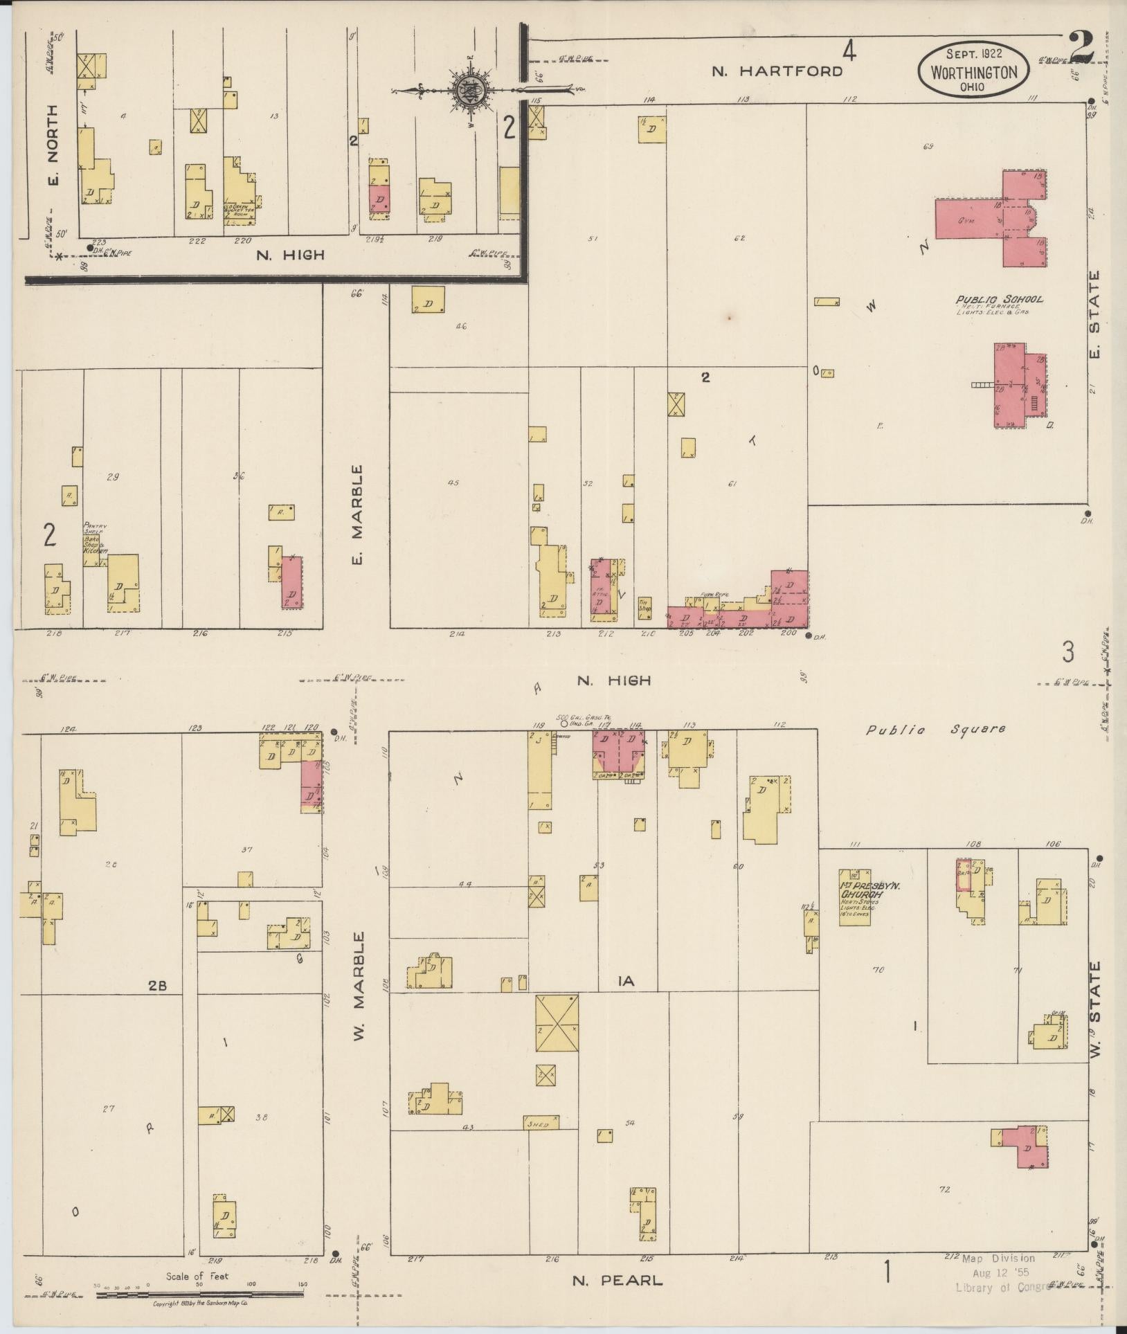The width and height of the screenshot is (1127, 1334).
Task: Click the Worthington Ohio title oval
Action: click(x=974, y=71)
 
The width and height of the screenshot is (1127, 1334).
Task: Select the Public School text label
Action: click(x=999, y=300)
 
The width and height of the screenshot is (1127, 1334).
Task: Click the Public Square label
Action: click(x=935, y=729)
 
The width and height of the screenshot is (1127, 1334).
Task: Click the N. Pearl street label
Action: click(x=617, y=1281)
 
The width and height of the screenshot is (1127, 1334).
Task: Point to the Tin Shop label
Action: click(x=644, y=603)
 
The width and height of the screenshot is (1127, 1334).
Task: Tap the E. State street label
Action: click(x=1094, y=316)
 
